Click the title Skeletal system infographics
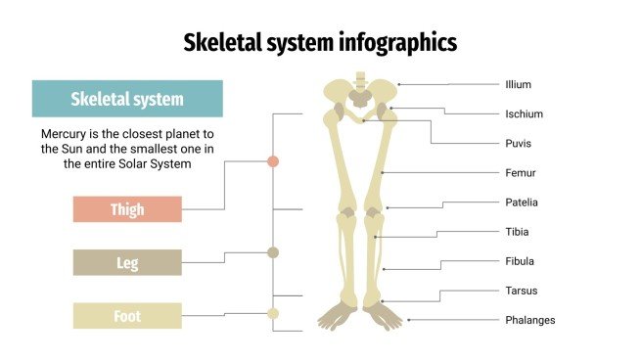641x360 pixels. [320, 42]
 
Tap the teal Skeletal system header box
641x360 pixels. [127, 99]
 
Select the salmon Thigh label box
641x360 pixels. [127, 209]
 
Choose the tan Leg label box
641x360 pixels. [127, 262]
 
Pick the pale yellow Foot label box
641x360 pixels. [127, 315]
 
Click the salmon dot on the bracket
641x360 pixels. [273, 160]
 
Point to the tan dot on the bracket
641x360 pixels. [273, 252]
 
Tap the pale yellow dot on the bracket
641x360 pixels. [273, 313]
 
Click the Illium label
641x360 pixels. [519, 85]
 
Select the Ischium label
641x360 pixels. [524, 114]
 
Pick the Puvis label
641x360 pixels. [519, 144]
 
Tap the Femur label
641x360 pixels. [520, 173]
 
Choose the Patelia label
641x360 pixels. [522, 202]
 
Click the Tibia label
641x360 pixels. [518, 232]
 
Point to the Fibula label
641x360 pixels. [520, 261]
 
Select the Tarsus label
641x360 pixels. [521, 291]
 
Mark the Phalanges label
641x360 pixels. [529, 320]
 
